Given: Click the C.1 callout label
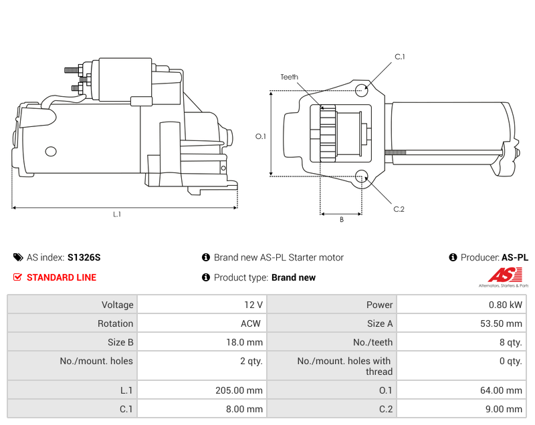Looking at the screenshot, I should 399,57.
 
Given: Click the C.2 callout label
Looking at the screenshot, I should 399,209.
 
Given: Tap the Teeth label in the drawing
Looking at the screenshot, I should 290,78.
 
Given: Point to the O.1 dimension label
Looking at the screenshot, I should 261,136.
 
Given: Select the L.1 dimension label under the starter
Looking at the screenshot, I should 117,215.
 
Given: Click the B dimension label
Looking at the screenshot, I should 341,219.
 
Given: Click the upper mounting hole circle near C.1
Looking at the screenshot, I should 361,90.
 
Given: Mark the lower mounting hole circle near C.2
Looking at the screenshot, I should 362,176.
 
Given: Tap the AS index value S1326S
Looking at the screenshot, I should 84,257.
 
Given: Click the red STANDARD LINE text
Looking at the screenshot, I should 61,277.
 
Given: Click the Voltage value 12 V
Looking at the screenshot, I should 253,305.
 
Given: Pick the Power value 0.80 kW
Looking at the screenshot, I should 507,305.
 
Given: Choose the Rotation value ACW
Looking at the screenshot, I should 251,323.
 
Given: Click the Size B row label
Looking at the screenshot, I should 120,342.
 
